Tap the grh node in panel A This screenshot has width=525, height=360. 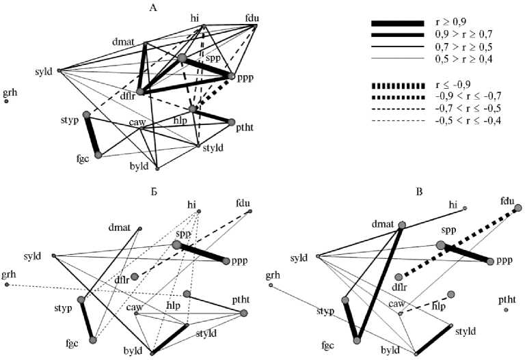(x=6, y=101)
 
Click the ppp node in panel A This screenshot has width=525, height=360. (x=232, y=77)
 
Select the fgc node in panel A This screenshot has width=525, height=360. (x=98, y=155)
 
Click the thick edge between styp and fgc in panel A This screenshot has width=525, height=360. (x=92, y=135)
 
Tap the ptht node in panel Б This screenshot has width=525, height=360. (x=243, y=314)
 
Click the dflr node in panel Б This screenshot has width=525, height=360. (x=135, y=276)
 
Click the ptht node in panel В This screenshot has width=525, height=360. (x=506, y=309)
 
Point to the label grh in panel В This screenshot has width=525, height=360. (x=273, y=275)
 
